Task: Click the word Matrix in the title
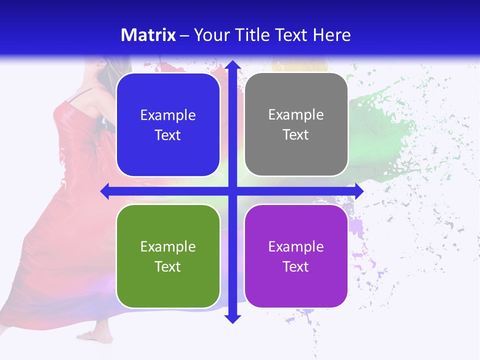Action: [148, 35]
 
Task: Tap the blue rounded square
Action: [168, 125]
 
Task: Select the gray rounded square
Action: [296, 124]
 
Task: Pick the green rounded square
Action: [168, 256]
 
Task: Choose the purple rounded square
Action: [296, 256]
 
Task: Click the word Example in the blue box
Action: [168, 115]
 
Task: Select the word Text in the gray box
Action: [296, 135]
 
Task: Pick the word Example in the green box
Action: [168, 246]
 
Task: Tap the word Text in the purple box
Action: [296, 266]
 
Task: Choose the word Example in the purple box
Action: [296, 246]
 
